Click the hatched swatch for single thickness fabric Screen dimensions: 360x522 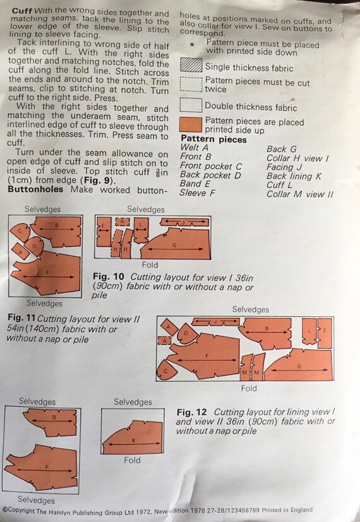tap(191, 65)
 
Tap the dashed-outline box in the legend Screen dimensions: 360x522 tap(191, 84)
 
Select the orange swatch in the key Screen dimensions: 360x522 tap(191, 124)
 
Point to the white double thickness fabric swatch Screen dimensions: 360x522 tap(191, 105)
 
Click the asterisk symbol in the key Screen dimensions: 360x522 tap(192, 45)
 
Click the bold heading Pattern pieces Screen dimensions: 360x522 tap(214, 139)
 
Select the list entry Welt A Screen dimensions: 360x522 tap(194, 148)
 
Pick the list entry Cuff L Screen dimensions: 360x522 tap(279, 185)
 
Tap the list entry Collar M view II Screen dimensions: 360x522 tap(300, 194)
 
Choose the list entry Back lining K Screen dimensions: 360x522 tap(294, 176)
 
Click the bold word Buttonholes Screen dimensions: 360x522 tap(35, 189)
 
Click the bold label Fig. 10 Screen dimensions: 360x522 tap(109, 276)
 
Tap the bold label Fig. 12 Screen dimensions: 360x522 tap(192, 412)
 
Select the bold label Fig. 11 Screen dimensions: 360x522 tap(21, 318)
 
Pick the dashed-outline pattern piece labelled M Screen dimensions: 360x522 tap(245, 367)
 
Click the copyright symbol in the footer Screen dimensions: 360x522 tap(5, 510)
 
